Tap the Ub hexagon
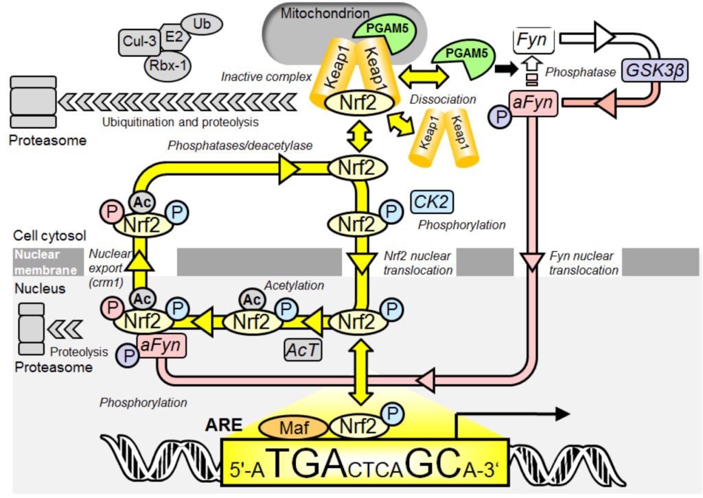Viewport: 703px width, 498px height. [202, 23]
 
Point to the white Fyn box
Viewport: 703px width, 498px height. [533, 40]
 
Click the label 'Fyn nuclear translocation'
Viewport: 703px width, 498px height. [584, 263]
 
